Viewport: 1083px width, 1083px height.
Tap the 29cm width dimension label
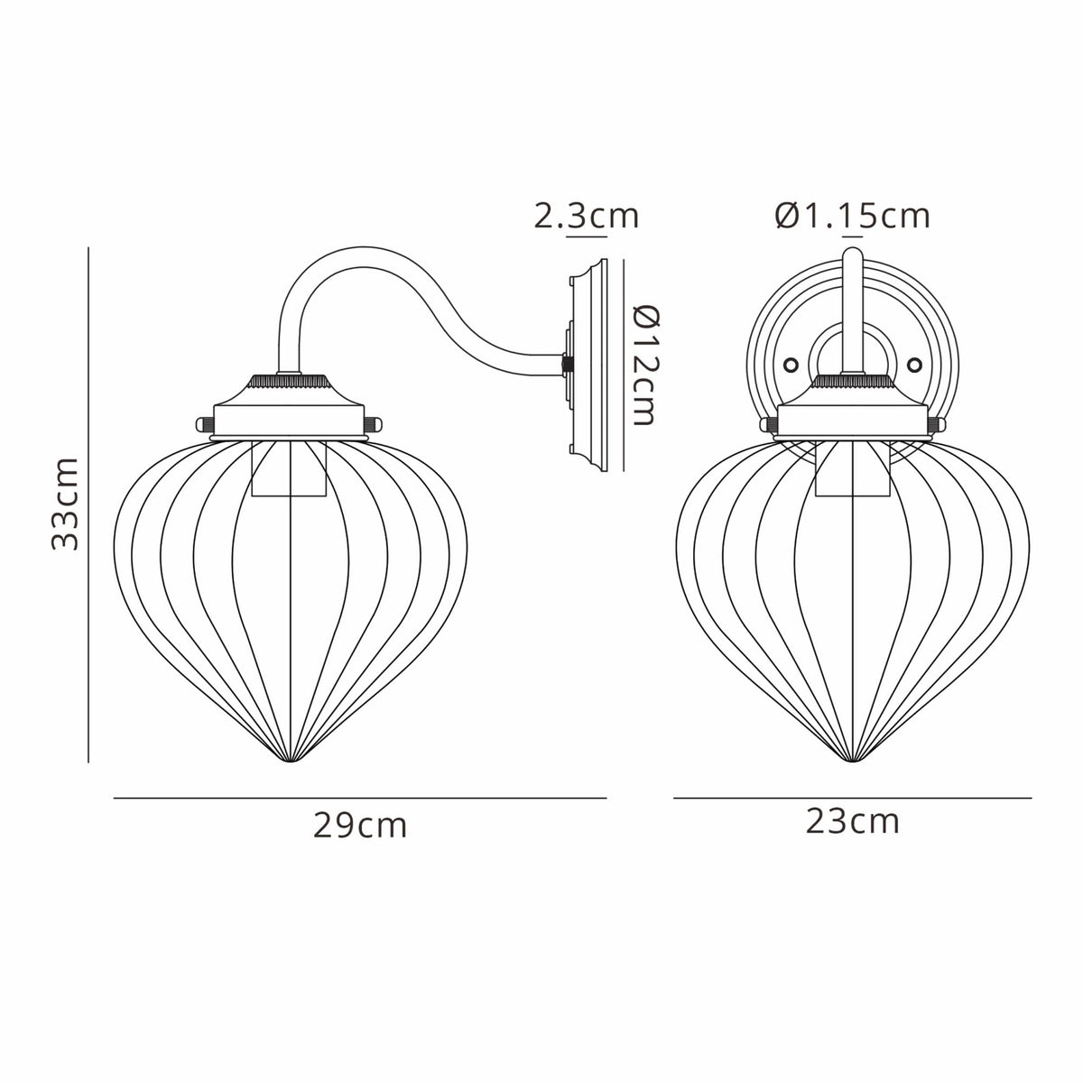(x=360, y=826)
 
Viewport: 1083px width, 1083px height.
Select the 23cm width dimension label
(x=852, y=821)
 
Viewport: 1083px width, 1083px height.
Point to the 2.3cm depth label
(x=586, y=217)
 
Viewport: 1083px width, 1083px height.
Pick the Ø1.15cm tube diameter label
(x=852, y=216)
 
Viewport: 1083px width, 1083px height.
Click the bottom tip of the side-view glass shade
(x=289, y=764)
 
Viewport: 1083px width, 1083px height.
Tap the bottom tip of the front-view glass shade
(x=852, y=764)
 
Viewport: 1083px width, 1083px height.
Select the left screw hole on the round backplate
(x=791, y=365)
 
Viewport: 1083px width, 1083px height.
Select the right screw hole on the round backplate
(x=914, y=365)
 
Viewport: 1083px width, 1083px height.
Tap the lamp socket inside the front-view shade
(x=852, y=468)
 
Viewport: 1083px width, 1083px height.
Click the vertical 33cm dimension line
(x=88, y=505)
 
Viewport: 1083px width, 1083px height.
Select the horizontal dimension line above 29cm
(x=360, y=798)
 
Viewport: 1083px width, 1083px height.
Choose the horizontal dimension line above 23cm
(x=852, y=798)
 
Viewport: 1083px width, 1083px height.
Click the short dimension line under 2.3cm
(x=586, y=236)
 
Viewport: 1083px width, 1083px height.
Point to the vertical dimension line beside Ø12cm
(x=624, y=365)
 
